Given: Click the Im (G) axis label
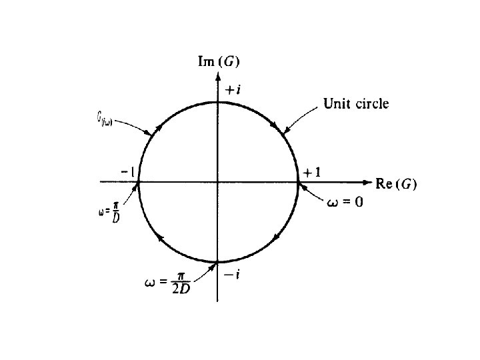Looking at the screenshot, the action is point(219,62).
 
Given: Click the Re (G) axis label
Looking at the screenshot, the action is point(396,185).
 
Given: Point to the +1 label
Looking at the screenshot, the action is point(311,172).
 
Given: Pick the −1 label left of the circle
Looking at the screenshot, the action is point(129,172).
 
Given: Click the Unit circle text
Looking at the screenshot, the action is point(355,103).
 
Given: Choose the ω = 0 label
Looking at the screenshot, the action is point(345,202).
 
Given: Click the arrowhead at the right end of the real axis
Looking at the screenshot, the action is point(367,181).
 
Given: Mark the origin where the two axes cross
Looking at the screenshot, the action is point(218,181).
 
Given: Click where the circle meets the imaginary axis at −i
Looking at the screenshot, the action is point(218,261).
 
